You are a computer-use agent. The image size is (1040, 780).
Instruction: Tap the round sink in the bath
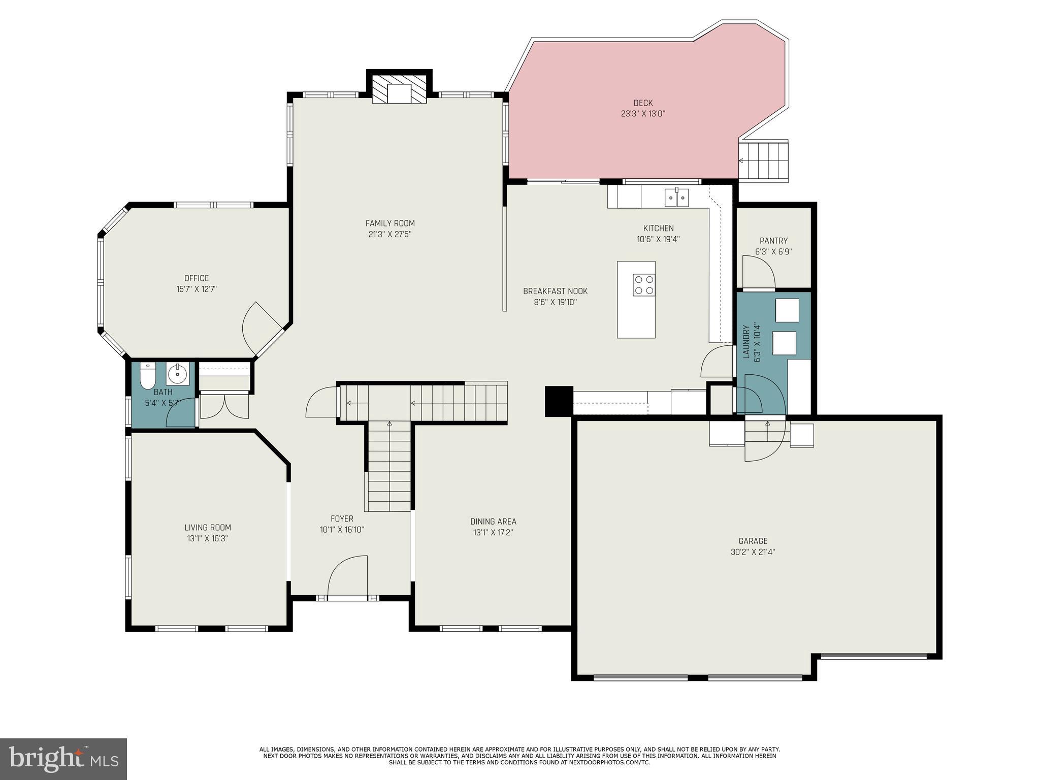[177, 375]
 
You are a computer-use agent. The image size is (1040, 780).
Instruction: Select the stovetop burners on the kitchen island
[643, 285]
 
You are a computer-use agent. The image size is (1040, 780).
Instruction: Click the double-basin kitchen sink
[677, 198]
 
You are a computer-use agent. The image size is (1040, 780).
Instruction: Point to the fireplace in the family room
[399, 90]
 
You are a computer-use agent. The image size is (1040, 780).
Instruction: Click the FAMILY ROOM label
[390, 223]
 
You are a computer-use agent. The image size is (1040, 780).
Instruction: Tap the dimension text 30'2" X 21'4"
[753, 552]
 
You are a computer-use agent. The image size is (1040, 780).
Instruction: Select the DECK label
[643, 103]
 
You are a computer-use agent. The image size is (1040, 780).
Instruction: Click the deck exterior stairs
[764, 161]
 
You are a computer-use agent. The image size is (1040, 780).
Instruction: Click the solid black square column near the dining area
[559, 401]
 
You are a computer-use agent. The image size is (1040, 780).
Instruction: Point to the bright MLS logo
[63, 759]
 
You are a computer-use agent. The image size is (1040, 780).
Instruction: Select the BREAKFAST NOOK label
[555, 291]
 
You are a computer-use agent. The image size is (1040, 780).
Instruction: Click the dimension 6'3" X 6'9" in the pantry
[773, 251]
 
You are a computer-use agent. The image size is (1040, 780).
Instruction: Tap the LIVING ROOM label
[208, 528]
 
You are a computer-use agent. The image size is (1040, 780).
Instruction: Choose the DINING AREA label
[493, 522]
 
